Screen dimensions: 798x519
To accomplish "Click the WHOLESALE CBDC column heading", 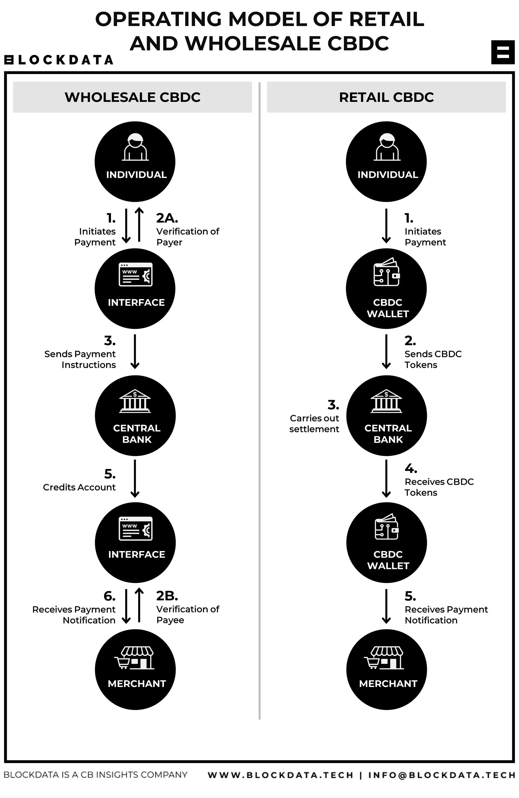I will (132, 97).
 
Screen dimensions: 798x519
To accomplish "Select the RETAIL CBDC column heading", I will (386, 97).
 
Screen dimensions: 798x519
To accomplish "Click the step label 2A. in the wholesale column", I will (167, 218).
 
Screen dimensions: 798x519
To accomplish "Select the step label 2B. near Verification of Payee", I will (167, 596).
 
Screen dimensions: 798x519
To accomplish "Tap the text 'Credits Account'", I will (79, 487).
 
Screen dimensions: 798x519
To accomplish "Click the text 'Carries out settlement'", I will (314, 424).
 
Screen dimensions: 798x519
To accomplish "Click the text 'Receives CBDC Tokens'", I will (439, 487).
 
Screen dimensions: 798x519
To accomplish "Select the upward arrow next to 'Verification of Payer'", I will (139, 224).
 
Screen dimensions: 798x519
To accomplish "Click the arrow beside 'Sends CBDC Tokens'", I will (386, 351).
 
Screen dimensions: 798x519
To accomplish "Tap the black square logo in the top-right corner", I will (503, 52).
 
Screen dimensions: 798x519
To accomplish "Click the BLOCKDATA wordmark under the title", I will (59, 60).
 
